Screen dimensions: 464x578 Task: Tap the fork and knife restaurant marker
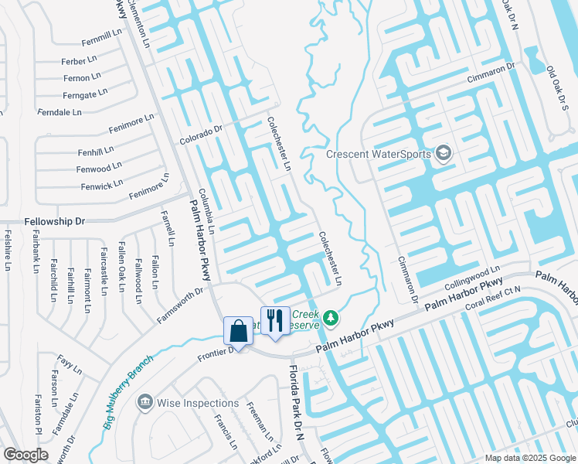click(274, 320)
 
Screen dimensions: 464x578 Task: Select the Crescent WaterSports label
click(378, 154)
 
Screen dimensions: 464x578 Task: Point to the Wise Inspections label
click(198, 403)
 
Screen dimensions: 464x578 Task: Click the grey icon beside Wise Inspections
click(144, 403)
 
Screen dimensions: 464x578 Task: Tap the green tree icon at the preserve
click(331, 318)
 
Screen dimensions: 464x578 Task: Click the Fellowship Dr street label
click(54, 221)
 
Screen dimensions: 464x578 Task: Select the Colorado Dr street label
click(200, 136)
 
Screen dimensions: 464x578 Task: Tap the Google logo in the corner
click(25, 455)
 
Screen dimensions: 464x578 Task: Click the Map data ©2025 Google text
click(529, 458)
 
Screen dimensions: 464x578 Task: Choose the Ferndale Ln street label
click(59, 112)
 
